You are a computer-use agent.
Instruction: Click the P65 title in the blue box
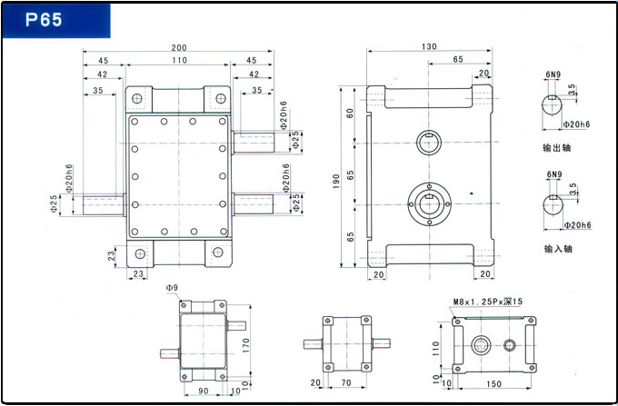44,19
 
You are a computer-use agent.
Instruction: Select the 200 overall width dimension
179,47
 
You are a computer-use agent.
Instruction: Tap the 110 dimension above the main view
179,60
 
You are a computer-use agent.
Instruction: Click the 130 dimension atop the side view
429,46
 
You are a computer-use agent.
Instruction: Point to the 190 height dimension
335,181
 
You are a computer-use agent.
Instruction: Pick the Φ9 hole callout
172,288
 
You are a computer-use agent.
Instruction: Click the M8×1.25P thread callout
487,302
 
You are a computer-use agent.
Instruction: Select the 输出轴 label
556,148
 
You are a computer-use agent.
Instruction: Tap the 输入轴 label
558,249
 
